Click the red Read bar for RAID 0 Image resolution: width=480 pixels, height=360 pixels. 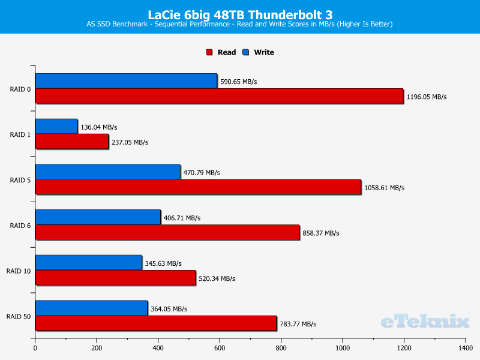tap(219, 96)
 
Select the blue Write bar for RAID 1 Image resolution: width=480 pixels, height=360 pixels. tap(56, 127)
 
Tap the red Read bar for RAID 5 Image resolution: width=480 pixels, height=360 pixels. tap(198, 187)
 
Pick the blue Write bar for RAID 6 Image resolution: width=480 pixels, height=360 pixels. tap(98, 217)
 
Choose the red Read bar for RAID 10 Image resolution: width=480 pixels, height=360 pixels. tap(115, 278)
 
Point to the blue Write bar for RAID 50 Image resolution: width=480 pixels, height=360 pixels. tap(91, 308)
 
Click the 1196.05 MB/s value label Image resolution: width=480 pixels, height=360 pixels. tap(427, 97)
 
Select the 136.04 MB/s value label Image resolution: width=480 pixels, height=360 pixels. tap(99, 127)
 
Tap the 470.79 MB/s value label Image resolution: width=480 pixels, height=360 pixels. tap(202, 173)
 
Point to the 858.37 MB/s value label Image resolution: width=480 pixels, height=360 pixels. tap(321, 233)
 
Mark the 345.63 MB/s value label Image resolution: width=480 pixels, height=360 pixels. tap(163, 263)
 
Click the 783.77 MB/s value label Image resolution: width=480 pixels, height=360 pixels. tap(298, 324)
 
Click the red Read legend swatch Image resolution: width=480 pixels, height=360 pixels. tap(209, 52)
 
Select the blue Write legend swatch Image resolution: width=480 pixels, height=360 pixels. tap(245, 52)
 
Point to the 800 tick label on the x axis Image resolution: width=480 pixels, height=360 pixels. tap(281, 348)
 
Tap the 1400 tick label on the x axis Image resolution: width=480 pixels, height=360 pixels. tap(466, 348)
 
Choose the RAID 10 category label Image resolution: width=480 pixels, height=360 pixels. tap(19, 271)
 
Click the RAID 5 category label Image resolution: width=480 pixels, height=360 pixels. tap(20, 181)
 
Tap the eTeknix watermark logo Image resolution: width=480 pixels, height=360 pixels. tap(425, 322)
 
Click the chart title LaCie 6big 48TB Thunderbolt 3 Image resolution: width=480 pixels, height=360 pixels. tap(240, 14)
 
